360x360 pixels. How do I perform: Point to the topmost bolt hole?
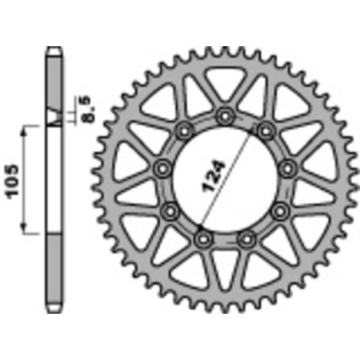point(225,116)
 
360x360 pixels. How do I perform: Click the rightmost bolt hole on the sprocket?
point(288,166)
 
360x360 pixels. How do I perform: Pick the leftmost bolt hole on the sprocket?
point(163,167)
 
